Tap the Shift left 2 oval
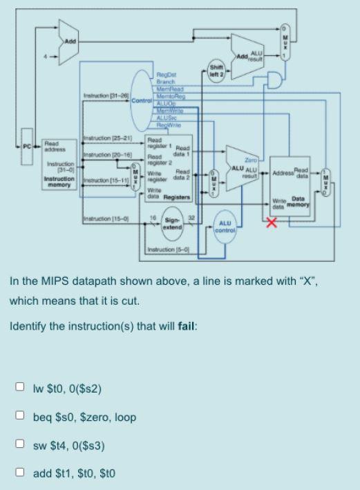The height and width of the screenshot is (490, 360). coord(215,70)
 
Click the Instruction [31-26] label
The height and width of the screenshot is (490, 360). coord(104,95)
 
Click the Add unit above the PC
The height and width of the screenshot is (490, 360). coord(70,42)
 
